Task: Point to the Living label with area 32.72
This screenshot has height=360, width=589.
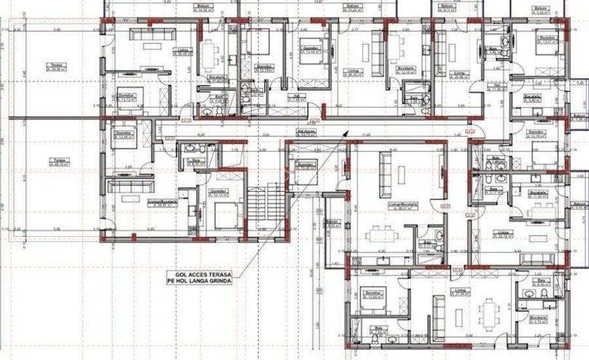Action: click(x=503, y=234)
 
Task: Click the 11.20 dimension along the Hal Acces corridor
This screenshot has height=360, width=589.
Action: click(x=366, y=135)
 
